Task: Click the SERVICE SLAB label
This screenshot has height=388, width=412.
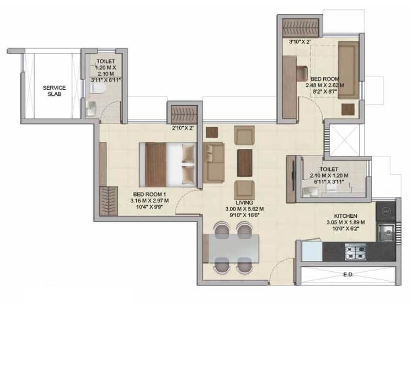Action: tap(54, 91)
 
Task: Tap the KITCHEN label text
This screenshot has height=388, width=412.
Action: tap(346, 215)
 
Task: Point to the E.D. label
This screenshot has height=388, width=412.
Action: tap(347, 275)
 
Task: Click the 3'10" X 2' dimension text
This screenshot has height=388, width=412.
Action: tap(300, 42)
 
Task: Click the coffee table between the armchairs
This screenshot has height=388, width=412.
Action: tap(245, 160)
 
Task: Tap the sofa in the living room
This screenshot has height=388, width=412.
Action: tap(213, 162)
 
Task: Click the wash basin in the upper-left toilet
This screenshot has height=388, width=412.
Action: tap(91, 109)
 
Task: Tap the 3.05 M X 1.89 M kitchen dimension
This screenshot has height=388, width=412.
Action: tap(346, 223)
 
